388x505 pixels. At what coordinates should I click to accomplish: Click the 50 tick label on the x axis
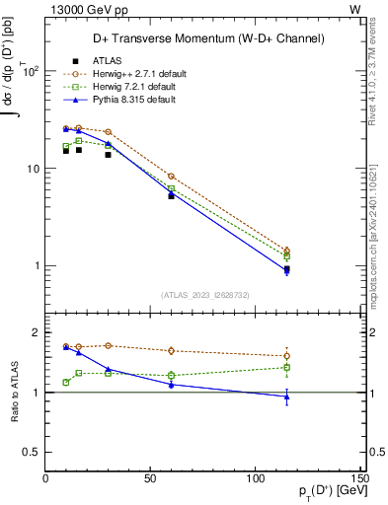pyautogui.click(x=150, y=478)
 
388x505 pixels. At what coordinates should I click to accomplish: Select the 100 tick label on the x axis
pyautogui.click(x=255, y=478)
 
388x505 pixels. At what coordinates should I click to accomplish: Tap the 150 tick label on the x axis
pyautogui.click(x=359, y=478)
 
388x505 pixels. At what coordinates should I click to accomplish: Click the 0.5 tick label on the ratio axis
pyautogui.click(x=32, y=452)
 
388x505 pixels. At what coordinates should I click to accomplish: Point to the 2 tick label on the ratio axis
pyautogui.click(x=36, y=332)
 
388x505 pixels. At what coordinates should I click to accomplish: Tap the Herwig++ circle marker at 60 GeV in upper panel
pyautogui.click(x=171, y=176)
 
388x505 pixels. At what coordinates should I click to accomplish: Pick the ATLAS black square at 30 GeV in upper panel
pyautogui.click(x=108, y=154)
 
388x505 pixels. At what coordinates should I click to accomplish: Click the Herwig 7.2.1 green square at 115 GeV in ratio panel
pyautogui.click(x=286, y=368)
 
